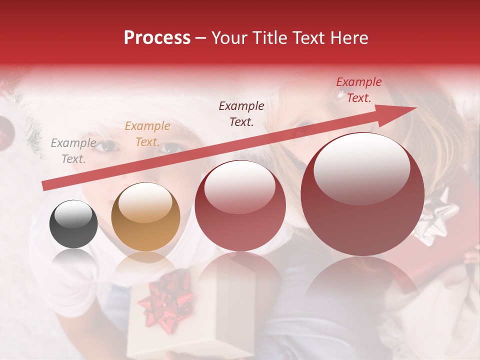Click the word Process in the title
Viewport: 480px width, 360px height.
coord(157,38)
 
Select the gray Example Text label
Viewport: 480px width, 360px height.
coord(73,151)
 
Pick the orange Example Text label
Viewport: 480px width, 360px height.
coord(147,134)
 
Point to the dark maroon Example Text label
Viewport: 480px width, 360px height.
coord(241,113)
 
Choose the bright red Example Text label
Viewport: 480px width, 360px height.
coord(358,90)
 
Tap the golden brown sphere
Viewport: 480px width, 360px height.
coord(145,217)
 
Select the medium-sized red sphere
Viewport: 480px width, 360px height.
coord(240,206)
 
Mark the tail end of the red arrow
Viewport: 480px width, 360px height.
coord(44,186)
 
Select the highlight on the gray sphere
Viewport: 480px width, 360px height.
coord(73,216)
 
